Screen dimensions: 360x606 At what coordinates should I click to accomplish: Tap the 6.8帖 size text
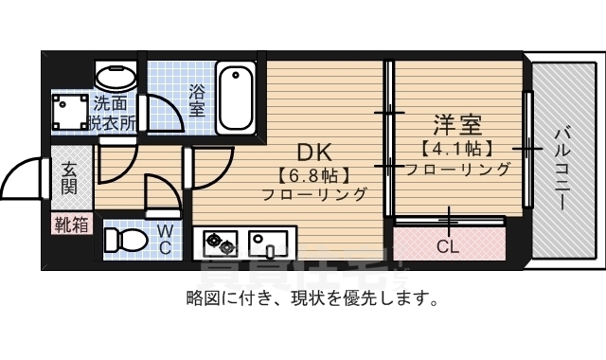coord(315,174)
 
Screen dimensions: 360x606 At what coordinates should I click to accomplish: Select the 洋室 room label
coord(458,124)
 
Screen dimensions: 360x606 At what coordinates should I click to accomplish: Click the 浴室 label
coord(197,100)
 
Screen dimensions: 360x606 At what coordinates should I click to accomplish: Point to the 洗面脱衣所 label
coord(115,113)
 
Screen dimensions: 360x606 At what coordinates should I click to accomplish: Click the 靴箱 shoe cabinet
coord(72,225)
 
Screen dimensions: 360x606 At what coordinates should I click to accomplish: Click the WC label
coord(164,239)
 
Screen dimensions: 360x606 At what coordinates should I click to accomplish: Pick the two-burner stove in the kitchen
coord(220,245)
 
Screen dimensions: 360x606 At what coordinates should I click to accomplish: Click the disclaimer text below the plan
coord(312,300)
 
